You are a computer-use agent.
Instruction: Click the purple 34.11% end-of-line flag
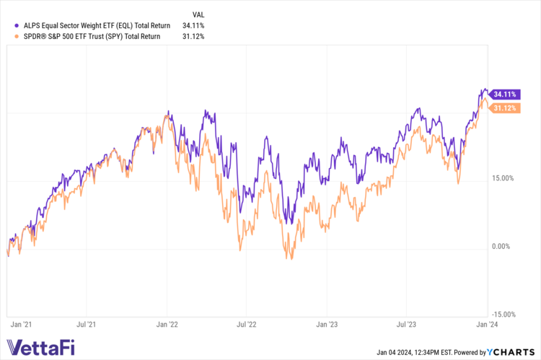(x=503, y=94)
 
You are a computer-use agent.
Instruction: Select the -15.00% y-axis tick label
(x=503, y=314)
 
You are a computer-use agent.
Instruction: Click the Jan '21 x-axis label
(x=19, y=325)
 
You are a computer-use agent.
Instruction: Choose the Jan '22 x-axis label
(x=167, y=325)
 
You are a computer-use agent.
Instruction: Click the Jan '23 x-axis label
(x=327, y=325)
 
